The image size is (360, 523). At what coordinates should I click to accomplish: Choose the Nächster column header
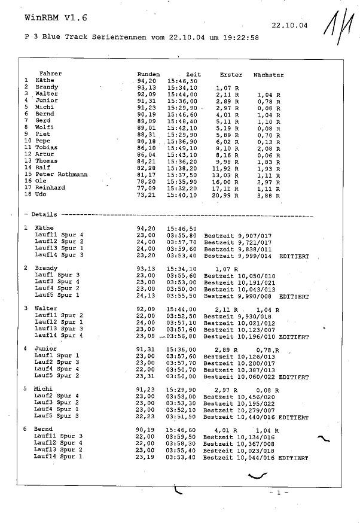tap(269, 75)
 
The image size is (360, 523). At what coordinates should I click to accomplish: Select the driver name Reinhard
tap(50, 187)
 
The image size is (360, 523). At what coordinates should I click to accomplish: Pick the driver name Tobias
tap(46, 147)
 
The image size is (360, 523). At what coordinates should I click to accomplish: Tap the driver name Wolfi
tap(44, 127)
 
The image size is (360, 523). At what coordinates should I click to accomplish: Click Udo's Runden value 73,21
tap(146, 194)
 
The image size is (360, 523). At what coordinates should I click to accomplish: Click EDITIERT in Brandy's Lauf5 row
tap(294, 296)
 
